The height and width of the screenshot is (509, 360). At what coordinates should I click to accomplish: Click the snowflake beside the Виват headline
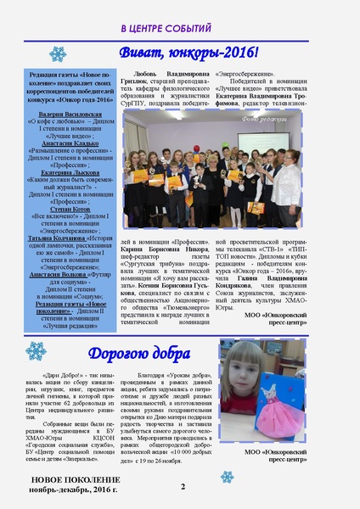click(58, 54)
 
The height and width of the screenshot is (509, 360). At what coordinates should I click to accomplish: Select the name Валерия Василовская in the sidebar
click(61, 112)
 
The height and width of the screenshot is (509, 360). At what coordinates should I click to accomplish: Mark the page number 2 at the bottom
click(183, 486)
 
